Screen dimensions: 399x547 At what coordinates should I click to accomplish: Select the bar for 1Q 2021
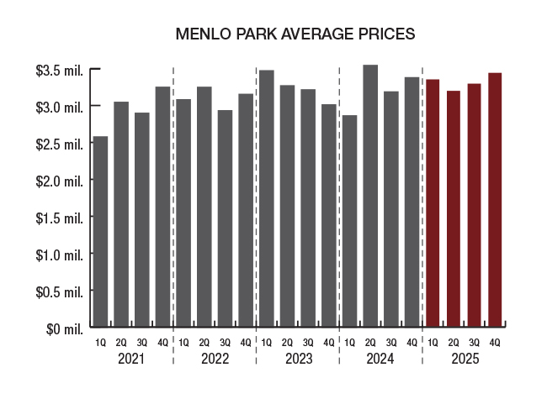[100, 231]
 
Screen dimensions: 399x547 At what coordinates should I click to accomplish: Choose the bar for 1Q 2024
[349, 220]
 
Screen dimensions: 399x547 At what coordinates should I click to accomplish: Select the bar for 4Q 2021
[162, 206]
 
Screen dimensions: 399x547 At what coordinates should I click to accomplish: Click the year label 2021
[131, 359]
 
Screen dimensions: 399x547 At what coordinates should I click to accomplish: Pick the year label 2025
[465, 359]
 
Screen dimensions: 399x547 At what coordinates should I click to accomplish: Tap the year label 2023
[298, 359]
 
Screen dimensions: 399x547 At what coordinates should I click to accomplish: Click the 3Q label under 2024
[391, 342]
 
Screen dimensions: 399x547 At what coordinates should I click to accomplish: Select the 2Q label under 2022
[204, 342]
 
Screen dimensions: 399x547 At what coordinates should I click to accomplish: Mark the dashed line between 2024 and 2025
[422, 210]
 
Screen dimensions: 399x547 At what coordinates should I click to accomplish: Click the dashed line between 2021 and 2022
[173, 210]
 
